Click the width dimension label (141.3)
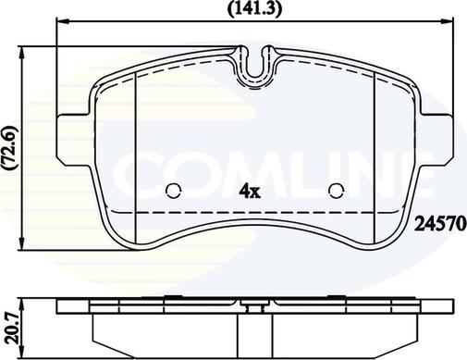tap(254, 9)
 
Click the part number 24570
tap(440, 224)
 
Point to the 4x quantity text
tap(251, 192)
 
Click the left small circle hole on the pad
tap(173, 192)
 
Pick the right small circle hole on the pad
tap(336, 192)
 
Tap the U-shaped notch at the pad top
tap(254, 80)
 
